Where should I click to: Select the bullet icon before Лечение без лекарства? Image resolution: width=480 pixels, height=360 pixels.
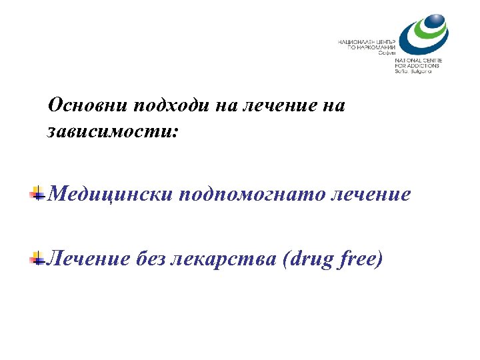click(x=37, y=259)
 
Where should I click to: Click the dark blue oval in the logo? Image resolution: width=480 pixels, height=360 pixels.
click(x=432, y=26)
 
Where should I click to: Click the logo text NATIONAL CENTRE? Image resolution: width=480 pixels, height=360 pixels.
click(x=417, y=61)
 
